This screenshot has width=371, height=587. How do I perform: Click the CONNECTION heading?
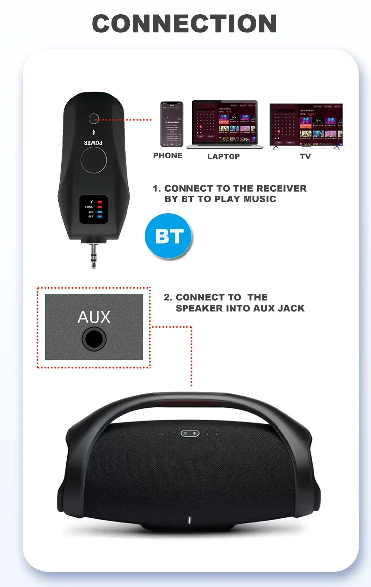[185, 24]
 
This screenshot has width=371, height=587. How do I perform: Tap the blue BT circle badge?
[169, 236]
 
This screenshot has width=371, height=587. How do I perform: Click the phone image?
[171, 124]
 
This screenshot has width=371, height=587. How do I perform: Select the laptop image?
[225, 125]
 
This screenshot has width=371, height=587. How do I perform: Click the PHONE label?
[168, 156]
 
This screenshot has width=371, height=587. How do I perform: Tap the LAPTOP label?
[224, 156]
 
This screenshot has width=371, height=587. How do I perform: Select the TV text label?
[305, 156]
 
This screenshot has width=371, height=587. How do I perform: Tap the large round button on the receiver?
[93, 161]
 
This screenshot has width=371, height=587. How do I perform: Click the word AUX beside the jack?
[94, 317]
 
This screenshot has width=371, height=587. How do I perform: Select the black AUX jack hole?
[94, 339]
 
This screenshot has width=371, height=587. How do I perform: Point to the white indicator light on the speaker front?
[190, 521]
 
